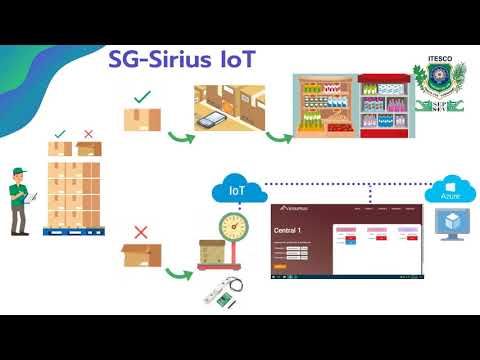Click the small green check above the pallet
tap(61, 133)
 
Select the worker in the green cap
tap(19, 198)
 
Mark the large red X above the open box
tap(141, 231)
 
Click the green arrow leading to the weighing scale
tap(181, 272)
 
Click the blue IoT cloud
tap(236, 188)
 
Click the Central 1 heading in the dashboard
tap(288, 231)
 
